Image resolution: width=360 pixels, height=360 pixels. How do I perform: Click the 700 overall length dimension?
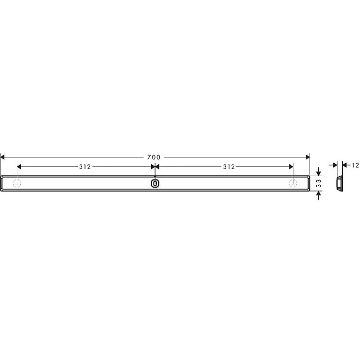pyautogui.click(x=154, y=157)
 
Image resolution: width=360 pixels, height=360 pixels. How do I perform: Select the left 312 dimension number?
pyautogui.click(x=85, y=167)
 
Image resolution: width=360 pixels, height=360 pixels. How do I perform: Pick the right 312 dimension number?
pyautogui.click(x=229, y=167)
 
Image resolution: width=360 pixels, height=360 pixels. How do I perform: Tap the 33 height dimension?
pyautogui.click(x=318, y=183)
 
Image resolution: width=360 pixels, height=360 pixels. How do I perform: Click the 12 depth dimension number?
pyautogui.click(x=355, y=165)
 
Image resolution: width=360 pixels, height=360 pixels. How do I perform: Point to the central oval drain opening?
pyautogui.click(x=155, y=183)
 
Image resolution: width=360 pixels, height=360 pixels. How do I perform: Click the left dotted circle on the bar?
pyautogui.click(x=17, y=183)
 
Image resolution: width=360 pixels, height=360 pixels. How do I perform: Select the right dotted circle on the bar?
pyautogui.click(x=293, y=183)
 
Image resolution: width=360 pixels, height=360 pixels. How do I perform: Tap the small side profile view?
pyautogui.click(x=339, y=183)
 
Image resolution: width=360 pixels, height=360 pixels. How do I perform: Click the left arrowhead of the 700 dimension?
pyautogui.click(x=2, y=157)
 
